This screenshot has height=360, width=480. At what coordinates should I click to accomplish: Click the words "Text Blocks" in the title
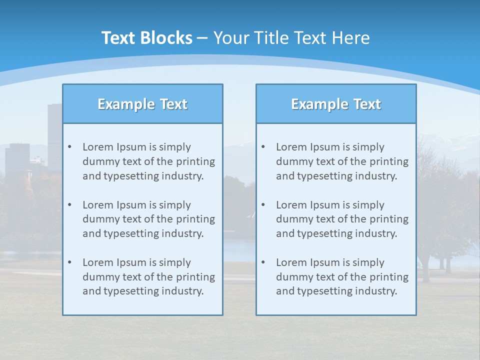pos(146,38)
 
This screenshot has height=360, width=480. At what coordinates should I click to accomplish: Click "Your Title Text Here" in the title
pos(291,38)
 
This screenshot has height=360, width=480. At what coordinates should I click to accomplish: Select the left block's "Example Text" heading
pos(142,104)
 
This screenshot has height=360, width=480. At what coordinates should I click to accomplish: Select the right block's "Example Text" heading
pos(336,104)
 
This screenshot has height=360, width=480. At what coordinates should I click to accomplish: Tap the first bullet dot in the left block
pos(69,147)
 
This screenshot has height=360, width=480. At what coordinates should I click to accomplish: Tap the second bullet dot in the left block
pos(69,205)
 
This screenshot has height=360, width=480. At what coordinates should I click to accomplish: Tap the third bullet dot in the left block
pos(69,262)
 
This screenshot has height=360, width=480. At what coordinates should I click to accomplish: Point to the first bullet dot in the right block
pos(263,147)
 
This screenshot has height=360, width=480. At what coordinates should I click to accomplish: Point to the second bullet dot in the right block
pos(263,205)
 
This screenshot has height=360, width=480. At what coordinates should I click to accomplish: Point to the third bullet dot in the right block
pos(263,262)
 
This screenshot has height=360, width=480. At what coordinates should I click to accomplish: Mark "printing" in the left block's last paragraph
pos(196,277)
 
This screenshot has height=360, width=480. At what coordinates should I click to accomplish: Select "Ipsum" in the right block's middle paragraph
pos(325,205)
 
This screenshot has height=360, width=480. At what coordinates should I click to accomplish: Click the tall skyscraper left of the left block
pos(54,135)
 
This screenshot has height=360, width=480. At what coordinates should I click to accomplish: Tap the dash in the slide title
pos(202,38)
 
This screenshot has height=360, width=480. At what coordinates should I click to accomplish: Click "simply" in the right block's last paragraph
pos(368,262)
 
